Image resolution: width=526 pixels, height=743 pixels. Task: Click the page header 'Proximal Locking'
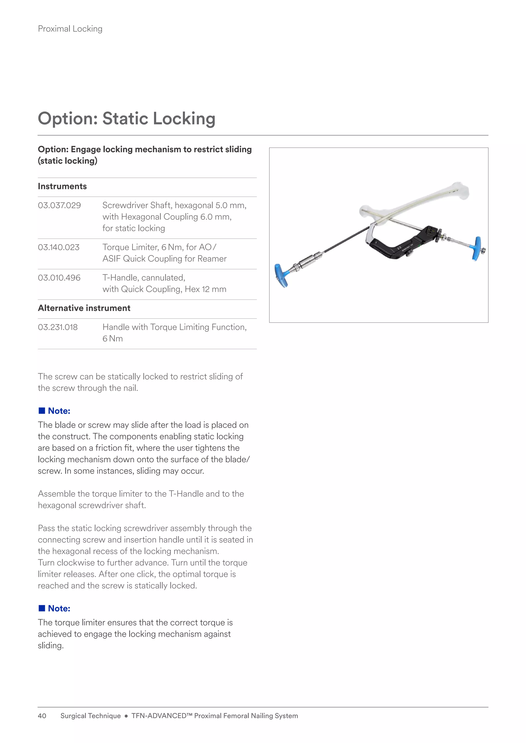tap(70, 29)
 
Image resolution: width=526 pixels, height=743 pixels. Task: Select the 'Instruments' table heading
tap(62, 187)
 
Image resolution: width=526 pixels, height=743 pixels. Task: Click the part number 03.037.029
tap(59, 206)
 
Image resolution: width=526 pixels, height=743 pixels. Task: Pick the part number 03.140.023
tap(59, 248)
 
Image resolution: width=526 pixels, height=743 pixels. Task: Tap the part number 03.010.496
tap(59, 278)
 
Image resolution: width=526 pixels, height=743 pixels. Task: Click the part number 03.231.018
tap(58, 327)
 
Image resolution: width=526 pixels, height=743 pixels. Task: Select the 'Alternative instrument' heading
tap(84, 308)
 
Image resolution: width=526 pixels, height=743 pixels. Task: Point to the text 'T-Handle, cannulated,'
tap(144, 278)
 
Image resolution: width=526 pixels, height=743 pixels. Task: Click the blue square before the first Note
tap(42, 411)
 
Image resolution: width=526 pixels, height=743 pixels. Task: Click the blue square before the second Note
tap(42, 608)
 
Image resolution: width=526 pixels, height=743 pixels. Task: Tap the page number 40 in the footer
tap(42, 716)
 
